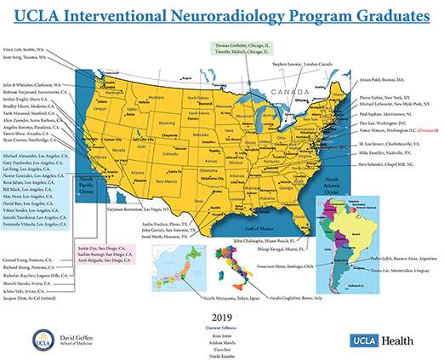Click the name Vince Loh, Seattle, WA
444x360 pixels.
click(24, 50)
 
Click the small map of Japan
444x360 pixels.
click(175, 265)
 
